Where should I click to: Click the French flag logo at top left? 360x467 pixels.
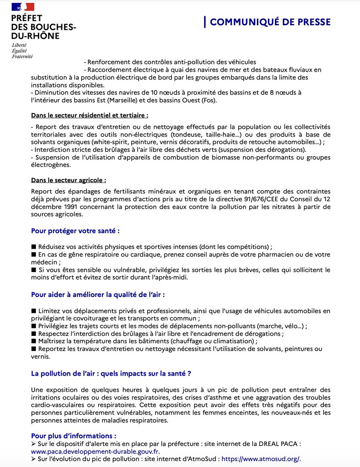coord(23,7)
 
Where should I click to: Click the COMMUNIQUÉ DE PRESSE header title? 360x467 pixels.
coord(270,22)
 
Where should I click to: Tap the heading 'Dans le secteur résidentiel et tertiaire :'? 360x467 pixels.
coord(89,116)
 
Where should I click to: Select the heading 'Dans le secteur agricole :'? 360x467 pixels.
coord(69,180)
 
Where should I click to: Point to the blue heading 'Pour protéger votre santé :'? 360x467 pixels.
coord(75,231)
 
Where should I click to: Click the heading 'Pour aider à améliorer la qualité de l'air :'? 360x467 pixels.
coord(98,295)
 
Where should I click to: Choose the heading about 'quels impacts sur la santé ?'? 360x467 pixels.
coord(111,374)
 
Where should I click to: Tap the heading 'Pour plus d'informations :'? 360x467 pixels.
coord(74,435)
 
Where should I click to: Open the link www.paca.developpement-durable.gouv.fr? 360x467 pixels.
coord(95,451)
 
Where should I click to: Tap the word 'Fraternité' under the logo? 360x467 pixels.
coord(22,56)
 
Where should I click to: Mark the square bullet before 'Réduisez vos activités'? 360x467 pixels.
coord(33,247)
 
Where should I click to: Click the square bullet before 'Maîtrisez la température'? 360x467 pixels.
coord(33,341)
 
